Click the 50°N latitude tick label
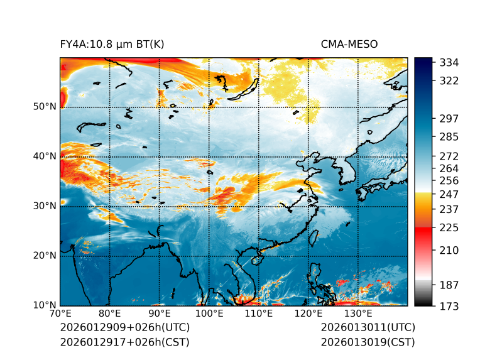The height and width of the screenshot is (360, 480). click(x=44, y=107)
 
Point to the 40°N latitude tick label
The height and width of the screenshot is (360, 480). click(x=44, y=156)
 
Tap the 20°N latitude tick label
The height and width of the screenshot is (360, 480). click(x=44, y=256)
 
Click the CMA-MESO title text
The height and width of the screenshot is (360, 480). click(x=349, y=45)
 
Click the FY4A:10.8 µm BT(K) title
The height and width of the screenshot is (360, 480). click(x=112, y=45)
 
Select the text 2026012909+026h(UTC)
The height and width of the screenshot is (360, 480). click(x=124, y=328)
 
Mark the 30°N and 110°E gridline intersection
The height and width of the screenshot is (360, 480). click(x=259, y=206)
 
